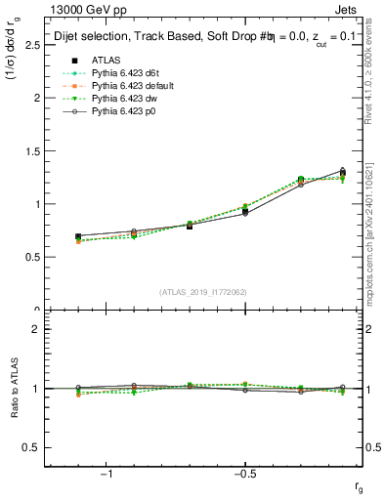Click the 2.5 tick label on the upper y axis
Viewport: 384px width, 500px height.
32,45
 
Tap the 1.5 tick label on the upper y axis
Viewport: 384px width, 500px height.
32,151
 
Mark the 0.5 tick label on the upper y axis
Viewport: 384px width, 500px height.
32,257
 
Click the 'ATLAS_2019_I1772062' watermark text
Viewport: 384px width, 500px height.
203,292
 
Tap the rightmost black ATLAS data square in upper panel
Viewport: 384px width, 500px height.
342,174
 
